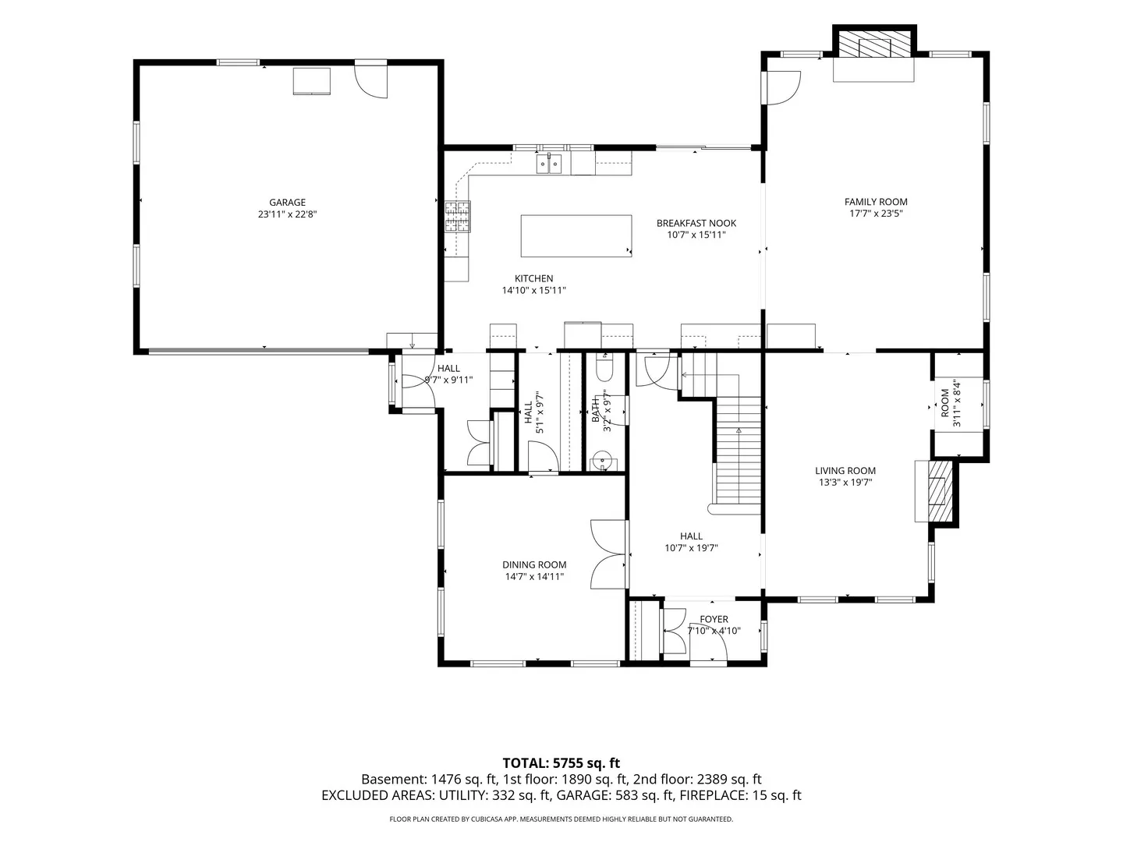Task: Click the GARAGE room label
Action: (x=287, y=203)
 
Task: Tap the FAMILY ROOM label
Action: (x=875, y=202)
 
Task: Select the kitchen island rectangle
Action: (x=576, y=235)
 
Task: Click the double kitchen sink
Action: (x=548, y=164)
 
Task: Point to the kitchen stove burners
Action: (x=457, y=216)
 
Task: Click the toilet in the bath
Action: (x=604, y=369)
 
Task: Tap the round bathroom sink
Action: (x=602, y=457)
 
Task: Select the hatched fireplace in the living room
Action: (x=939, y=491)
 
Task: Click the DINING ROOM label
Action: (x=533, y=565)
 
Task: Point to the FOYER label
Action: (x=714, y=619)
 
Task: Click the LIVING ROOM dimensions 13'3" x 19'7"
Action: (x=845, y=482)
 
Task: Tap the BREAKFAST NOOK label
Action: (x=696, y=224)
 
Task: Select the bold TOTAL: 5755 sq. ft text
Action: (x=561, y=763)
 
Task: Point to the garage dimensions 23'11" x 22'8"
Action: (x=287, y=214)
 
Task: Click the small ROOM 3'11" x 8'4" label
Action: (x=951, y=403)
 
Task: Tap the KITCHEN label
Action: (x=533, y=278)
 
